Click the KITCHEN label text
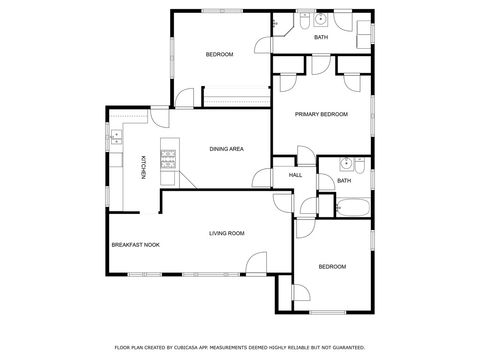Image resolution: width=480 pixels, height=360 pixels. click(143, 167)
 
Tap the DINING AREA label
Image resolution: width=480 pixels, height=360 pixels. click(226, 149)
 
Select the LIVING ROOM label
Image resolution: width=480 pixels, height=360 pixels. click(226, 233)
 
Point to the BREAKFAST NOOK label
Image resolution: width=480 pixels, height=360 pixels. click(134, 245)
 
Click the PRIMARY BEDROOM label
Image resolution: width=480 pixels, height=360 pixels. click(321, 115)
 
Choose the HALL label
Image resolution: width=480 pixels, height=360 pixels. click(295, 175)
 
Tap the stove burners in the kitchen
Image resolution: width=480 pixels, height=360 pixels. click(168, 158)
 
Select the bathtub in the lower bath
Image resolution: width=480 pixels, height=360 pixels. click(353, 208)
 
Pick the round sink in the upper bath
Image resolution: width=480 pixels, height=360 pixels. click(320, 19)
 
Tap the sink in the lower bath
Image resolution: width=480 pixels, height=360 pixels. click(344, 162)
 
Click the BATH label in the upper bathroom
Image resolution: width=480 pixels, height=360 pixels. click(320, 37)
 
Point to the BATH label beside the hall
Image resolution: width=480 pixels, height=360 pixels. click(344, 181)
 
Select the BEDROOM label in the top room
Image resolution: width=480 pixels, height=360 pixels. click(219, 54)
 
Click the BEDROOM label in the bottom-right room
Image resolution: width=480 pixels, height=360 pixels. click(332, 266)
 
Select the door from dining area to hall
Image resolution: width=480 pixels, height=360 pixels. click(263, 179)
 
